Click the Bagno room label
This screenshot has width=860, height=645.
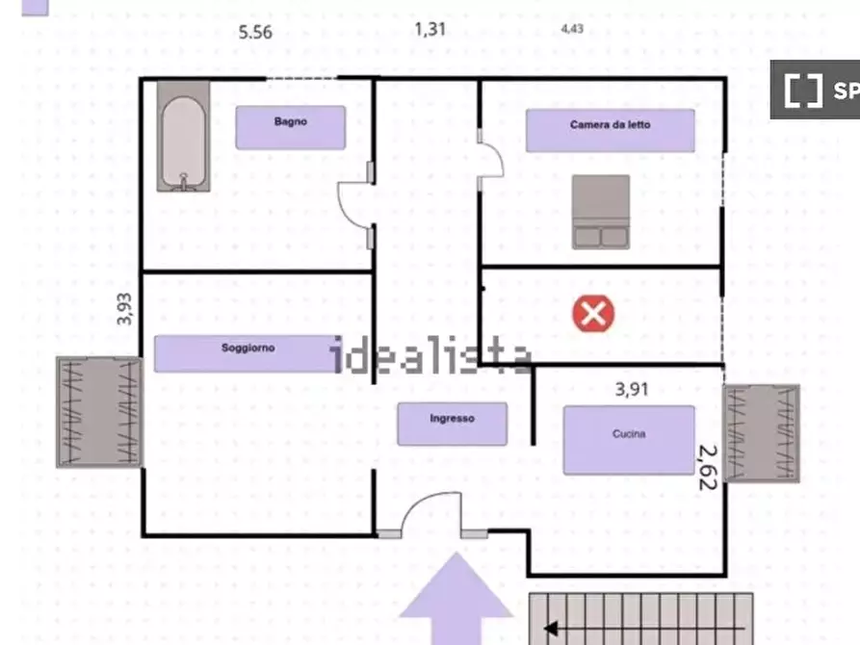291,121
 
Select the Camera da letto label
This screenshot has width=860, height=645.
610,124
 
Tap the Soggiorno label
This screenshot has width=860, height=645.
248,348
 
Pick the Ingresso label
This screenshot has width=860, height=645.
452,419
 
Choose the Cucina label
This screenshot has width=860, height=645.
629,434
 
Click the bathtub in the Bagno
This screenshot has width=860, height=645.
183,137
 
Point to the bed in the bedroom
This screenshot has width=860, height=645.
601,212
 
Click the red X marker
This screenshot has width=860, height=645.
593,314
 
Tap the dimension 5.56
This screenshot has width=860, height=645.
255,33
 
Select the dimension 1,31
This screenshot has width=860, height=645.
430,29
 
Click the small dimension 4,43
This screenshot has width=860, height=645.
572,29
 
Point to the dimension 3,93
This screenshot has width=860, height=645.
125,309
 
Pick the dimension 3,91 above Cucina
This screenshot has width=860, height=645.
632,389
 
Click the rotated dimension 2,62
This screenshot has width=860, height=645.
708,467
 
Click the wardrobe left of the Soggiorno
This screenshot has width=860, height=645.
99,412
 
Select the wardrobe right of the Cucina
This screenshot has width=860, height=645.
761,433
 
